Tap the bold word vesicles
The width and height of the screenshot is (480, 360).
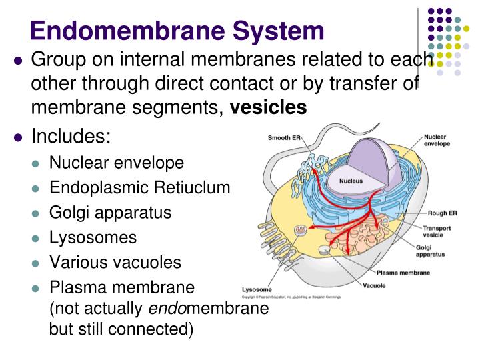tap(269, 107)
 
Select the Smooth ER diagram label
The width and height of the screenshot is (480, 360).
tap(284, 138)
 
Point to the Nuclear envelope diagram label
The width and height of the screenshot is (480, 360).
tap(437, 140)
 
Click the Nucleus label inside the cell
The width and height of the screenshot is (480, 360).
tap(350, 181)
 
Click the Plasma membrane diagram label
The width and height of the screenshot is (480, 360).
tap(403, 273)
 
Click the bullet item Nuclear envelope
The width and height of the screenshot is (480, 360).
tap(117, 163)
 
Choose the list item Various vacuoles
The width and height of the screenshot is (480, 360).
tap(115, 262)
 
